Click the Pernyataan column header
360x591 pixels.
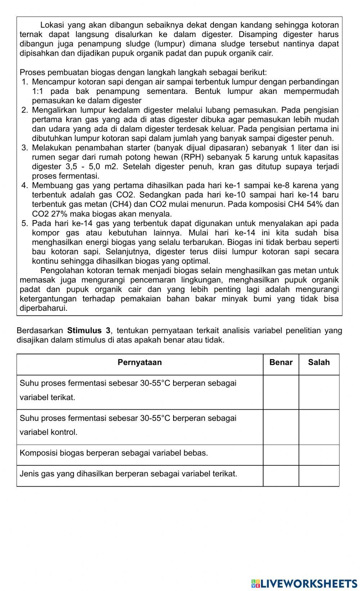pos(140,362)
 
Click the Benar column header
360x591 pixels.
pos(281,362)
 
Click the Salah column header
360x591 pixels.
pos(319,362)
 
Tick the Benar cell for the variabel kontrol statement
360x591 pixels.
pos(281,427)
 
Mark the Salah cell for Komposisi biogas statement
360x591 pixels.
pos(319,455)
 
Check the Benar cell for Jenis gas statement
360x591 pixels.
pos(281,476)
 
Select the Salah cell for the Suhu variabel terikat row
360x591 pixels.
pos(319,392)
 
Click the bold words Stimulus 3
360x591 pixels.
pos(89,331)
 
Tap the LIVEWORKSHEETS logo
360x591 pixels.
pos(304,583)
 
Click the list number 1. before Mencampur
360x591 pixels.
pos(25,82)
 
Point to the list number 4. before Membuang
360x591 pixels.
pos(25,186)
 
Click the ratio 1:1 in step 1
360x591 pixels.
pos(38,91)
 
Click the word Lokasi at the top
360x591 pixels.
pos(52,25)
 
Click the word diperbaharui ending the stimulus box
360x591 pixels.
pos(43,308)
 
